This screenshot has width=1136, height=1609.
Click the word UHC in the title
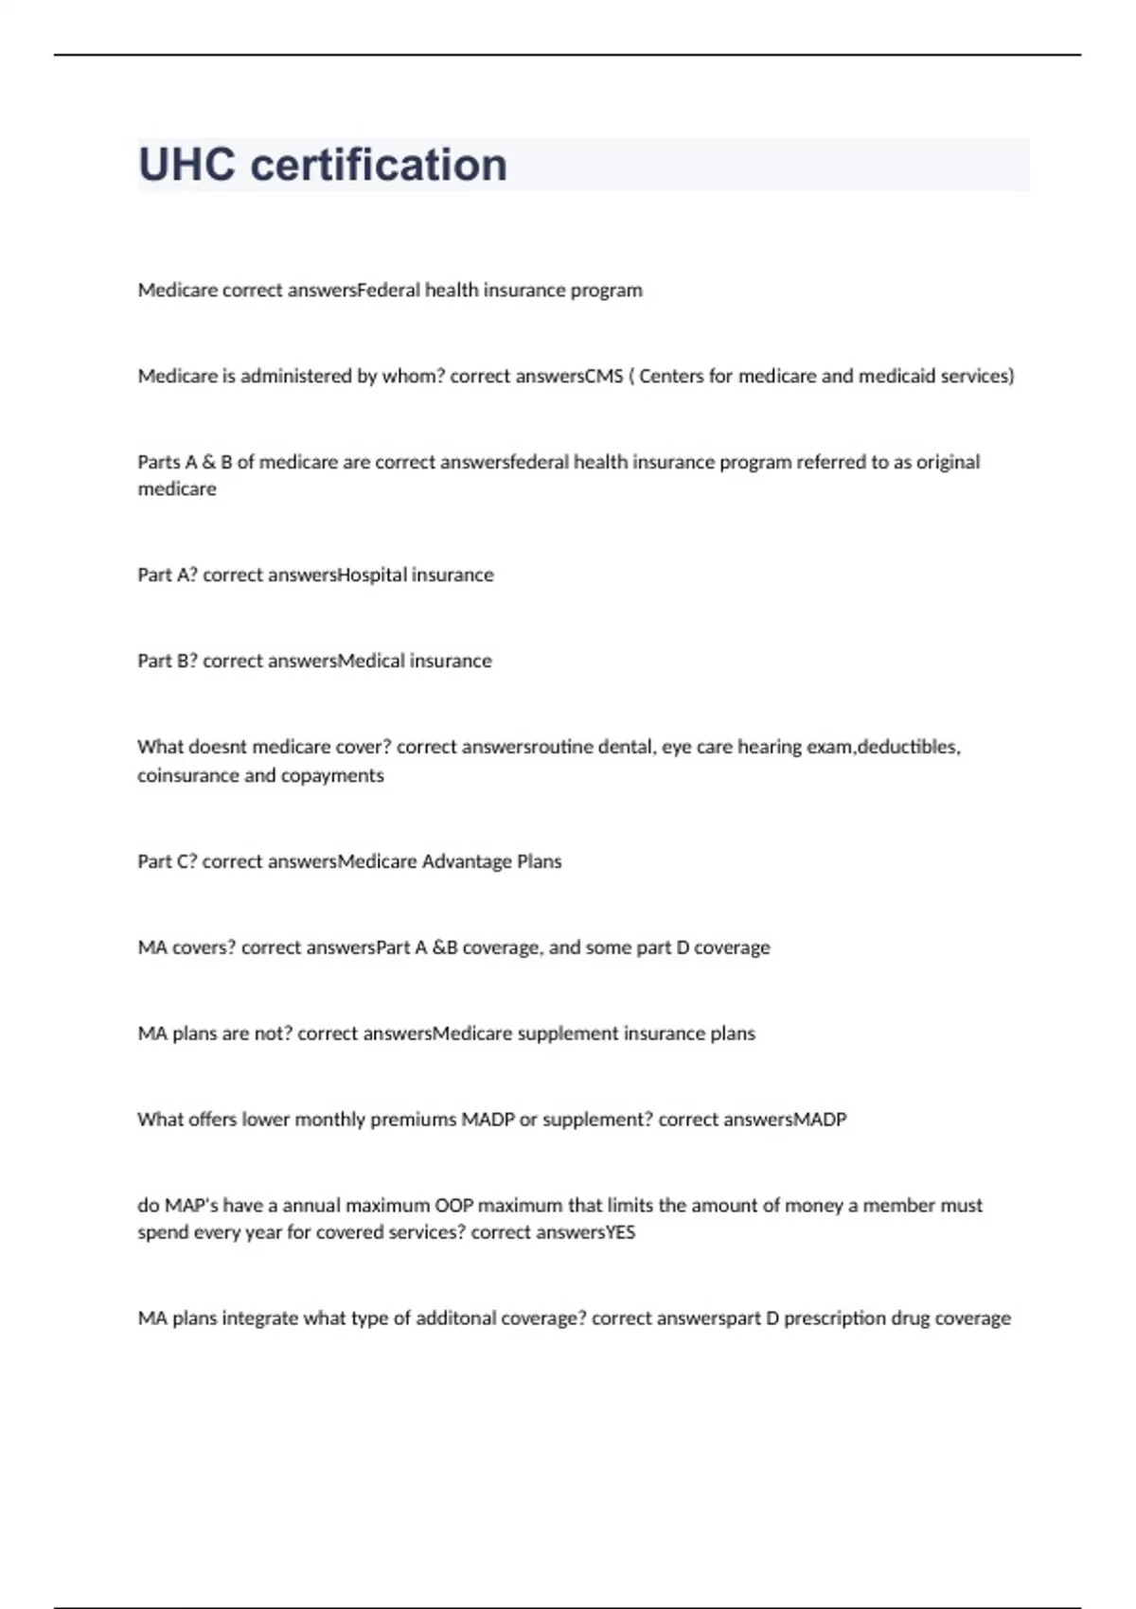coord(186,165)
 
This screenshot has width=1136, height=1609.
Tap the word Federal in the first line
coord(389,290)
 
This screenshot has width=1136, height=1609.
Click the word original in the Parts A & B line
coord(948,462)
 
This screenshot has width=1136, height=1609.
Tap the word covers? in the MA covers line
coord(204,947)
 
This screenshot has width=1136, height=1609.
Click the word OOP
coord(453,1205)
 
